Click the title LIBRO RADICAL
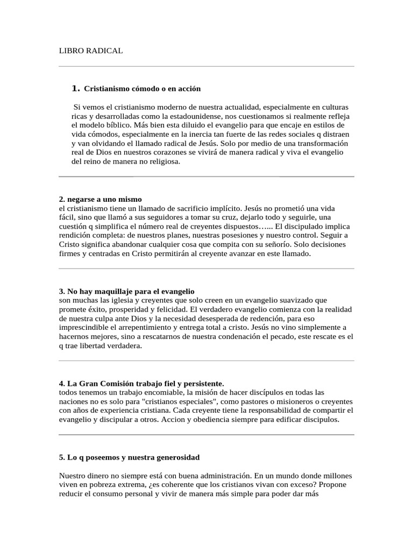tap(90, 51)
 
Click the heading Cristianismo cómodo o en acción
tap(143, 88)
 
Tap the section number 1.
tap(75, 88)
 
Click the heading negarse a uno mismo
tap(100, 199)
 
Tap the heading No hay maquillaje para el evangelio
tap(126, 291)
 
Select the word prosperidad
tap(140, 309)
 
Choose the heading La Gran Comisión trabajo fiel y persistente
tap(141, 383)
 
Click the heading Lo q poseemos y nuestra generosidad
tap(129, 457)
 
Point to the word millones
tap(337, 476)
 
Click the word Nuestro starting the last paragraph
tap(73, 476)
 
